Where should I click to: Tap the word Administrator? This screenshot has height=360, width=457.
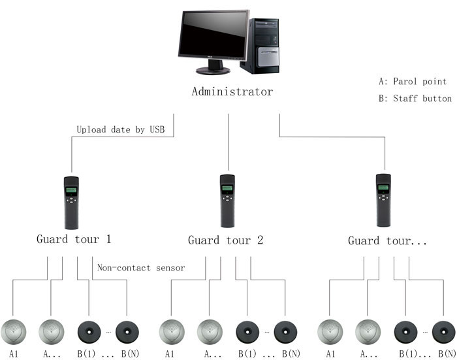pos(232,91)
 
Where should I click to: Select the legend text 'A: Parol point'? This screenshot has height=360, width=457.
pos(413,82)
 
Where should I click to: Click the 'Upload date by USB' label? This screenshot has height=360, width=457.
pos(125,129)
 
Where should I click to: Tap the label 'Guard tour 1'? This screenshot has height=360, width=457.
pos(74,239)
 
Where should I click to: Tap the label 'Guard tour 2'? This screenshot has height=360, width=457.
pos(226,240)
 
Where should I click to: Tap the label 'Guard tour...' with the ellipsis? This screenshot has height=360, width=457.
pos(387,240)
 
